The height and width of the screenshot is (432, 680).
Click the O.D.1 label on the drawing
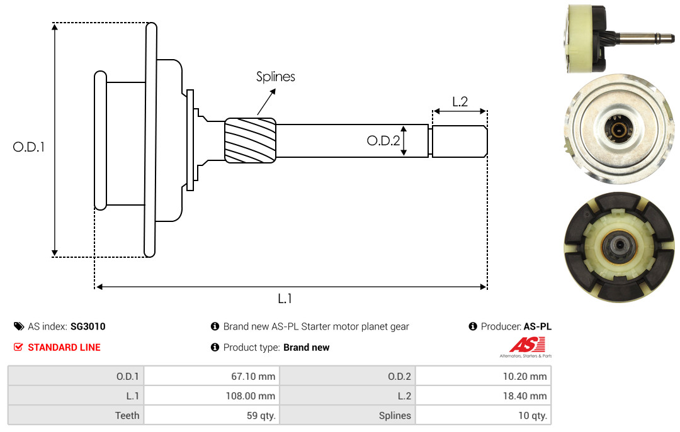click(28, 147)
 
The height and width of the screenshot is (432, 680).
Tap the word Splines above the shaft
click(275, 77)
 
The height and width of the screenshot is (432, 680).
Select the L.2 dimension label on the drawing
click(460, 102)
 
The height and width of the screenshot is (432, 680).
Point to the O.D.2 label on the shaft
click(383, 141)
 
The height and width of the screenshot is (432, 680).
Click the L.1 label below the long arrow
click(285, 299)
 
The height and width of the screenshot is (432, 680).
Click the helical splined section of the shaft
click(250, 140)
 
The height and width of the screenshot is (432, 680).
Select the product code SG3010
click(88, 326)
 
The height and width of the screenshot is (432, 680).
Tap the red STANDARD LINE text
click(64, 348)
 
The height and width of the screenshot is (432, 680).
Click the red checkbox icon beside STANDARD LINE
click(18, 347)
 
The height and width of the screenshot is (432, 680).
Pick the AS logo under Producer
click(526, 346)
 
